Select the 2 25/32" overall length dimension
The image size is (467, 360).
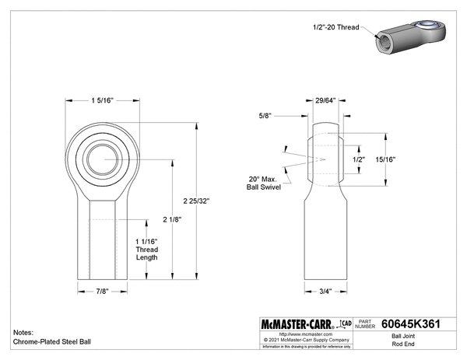(197, 200)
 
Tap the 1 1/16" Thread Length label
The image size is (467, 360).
(148, 249)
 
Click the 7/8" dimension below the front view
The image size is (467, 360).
(103, 292)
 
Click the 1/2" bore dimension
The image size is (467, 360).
(359, 159)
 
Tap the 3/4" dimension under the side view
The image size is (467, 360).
(326, 292)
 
